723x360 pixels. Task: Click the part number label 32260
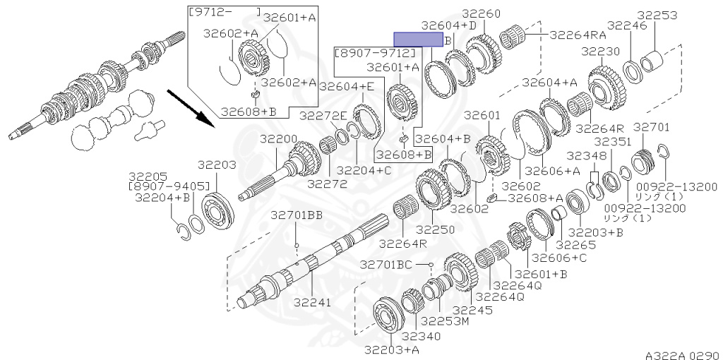482,13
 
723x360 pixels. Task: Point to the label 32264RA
578,33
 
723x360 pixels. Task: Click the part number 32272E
323,116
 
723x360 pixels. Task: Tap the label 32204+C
364,170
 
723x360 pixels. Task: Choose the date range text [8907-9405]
169,186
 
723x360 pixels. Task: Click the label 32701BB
296,215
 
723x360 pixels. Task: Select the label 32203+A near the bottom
392,349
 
